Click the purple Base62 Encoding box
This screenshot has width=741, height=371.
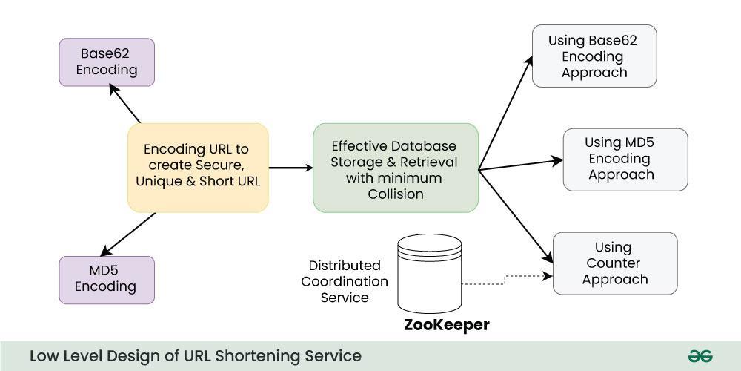click(x=107, y=62)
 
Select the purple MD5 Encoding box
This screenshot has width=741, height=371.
click(x=107, y=279)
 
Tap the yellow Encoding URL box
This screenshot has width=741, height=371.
click(x=198, y=168)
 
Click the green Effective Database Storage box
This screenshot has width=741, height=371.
click(x=396, y=168)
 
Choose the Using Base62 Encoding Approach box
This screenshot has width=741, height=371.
click(x=594, y=56)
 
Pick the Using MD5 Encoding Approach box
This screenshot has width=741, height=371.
click(x=625, y=159)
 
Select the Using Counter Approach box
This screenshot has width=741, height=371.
click(x=615, y=263)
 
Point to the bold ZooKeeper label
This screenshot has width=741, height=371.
click(x=446, y=325)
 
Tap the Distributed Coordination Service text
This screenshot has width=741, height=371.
click(x=345, y=281)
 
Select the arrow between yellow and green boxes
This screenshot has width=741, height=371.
click(x=290, y=168)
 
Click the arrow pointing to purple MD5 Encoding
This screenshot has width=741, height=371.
click(x=127, y=234)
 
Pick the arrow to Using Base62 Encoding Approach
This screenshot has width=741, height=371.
click(x=507, y=111)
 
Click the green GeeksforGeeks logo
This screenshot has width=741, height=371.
click(x=700, y=356)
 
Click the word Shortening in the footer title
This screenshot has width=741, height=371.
click(x=262, y=356)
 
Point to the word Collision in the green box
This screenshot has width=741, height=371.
click(x=396, y=194)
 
